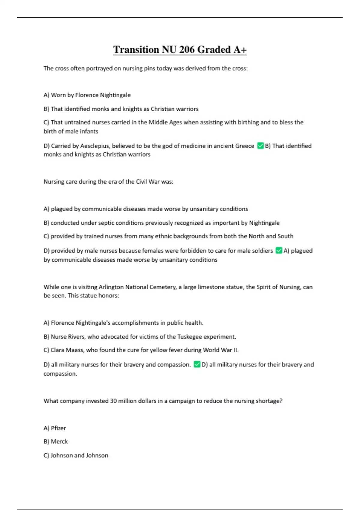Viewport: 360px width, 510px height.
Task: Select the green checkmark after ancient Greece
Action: click(260, 146)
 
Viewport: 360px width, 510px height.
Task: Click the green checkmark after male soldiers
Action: click(279, 250)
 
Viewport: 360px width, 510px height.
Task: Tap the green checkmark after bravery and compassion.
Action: click(197, 364)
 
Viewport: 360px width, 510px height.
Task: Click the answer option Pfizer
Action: click(58, 428)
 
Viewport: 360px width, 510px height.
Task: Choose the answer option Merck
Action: click(59, 442)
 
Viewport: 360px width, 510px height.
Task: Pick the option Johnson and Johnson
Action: click(79, 455)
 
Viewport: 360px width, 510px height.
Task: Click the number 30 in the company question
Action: click(113, 401)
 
